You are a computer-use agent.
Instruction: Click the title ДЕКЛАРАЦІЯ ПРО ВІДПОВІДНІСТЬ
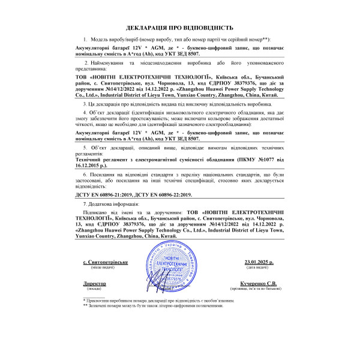pyautogui.click(x=179, y=28)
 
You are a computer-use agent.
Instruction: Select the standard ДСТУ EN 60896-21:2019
pyautogui.click(x=106, y=195)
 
